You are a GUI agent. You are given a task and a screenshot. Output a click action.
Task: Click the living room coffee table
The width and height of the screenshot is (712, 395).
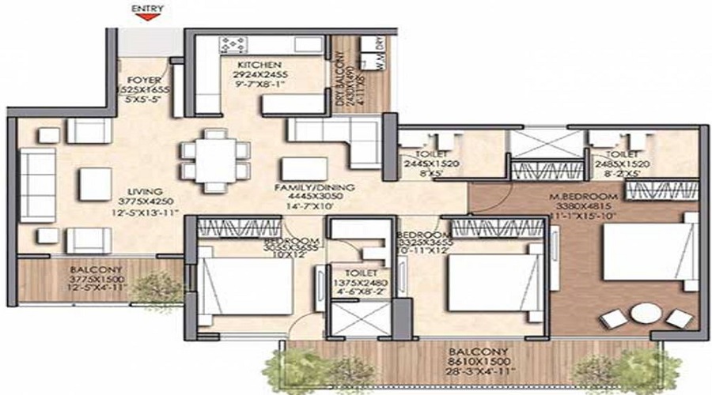pos(94,183)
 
